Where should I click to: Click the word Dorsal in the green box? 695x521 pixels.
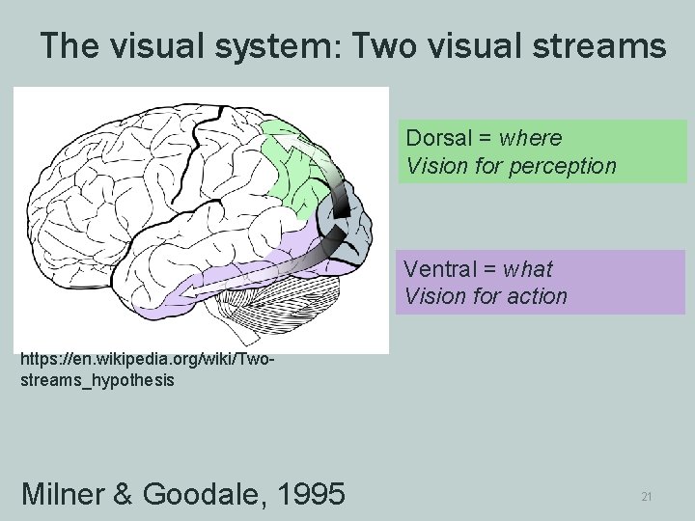434,138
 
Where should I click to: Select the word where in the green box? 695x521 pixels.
530,138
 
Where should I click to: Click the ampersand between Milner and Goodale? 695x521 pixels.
124,494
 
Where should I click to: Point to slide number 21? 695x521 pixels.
647,497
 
